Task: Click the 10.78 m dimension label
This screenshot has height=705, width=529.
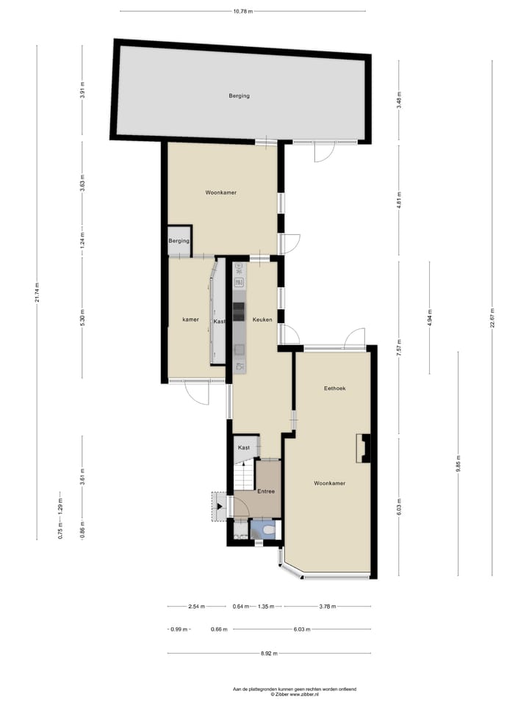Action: pos(242,11)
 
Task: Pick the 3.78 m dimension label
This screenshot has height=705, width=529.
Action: pos(327,607)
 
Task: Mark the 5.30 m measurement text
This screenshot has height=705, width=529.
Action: pos(82,320)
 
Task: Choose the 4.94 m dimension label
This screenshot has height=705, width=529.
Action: pos(431,318)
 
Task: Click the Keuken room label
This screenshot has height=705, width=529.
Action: pos(262,320)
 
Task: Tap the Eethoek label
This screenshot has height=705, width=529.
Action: pos(334,388)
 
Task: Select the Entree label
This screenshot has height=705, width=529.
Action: pos(267,491)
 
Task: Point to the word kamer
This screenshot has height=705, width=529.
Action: pos(191,320)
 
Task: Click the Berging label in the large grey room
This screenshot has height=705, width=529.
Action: pos(239,95)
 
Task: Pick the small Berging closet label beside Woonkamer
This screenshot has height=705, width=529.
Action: pos(179,241)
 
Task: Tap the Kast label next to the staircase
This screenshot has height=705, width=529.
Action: pos(245,447)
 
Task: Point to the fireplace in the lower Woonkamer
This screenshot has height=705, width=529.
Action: pos(364,448)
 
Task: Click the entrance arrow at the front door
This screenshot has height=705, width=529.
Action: pos(220,506)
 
